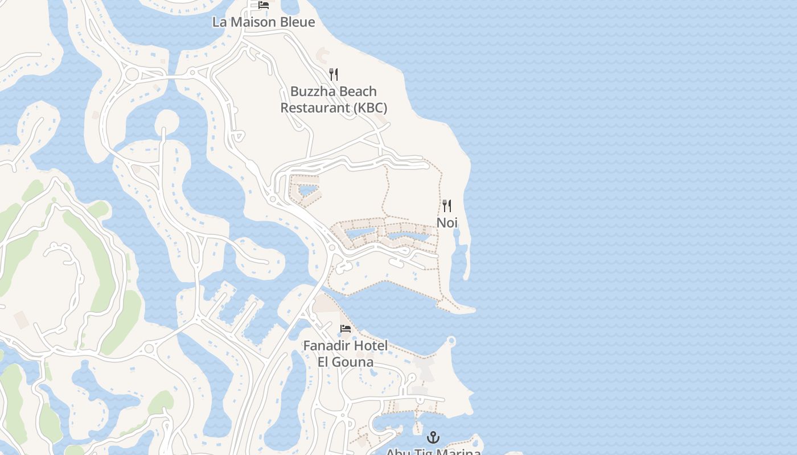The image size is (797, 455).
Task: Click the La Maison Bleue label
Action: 263,22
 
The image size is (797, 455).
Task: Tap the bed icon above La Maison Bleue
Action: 264,5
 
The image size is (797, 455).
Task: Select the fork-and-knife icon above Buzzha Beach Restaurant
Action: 334,75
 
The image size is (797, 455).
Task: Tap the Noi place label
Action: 447,222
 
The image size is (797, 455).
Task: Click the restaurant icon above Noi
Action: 447,206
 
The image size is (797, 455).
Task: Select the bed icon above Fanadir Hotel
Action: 346,329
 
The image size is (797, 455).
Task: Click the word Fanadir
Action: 326,346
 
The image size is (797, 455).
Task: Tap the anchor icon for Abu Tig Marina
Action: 434,437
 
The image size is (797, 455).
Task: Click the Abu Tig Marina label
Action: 433,452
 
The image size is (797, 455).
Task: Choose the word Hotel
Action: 370,346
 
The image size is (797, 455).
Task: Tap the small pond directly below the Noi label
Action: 457,249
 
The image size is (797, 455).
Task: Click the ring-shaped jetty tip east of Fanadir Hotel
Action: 451,341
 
